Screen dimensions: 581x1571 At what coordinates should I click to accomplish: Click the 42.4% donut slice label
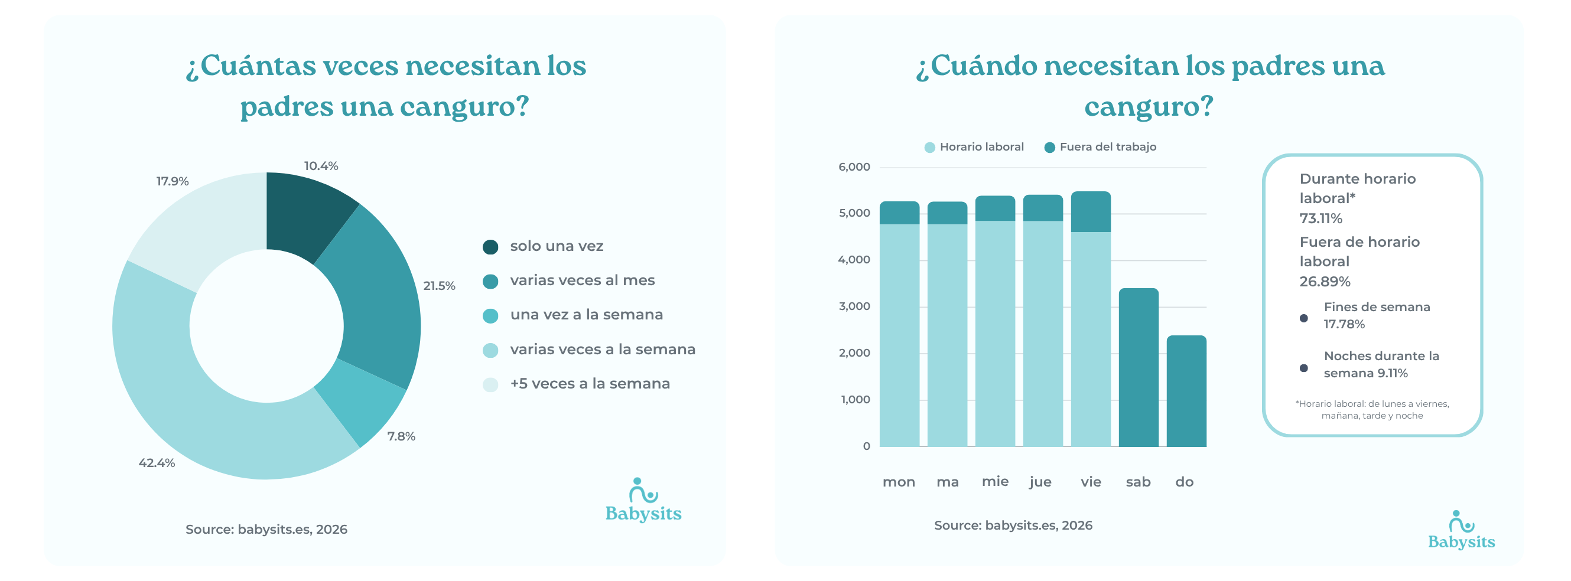point(157,463)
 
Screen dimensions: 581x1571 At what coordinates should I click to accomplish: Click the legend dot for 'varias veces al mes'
point(490,281)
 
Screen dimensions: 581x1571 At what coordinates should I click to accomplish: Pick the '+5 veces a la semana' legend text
point(590,383)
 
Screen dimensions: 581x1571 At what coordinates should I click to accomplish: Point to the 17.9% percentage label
point(173,181)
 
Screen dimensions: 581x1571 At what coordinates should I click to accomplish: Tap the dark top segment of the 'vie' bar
point(1091,211)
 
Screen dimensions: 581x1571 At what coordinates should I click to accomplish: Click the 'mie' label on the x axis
point(995,481)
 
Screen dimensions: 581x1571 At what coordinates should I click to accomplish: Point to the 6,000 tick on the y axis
point(854,167)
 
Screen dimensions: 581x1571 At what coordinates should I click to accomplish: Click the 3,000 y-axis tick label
point(854,306)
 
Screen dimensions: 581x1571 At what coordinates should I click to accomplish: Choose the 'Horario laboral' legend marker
point(929,148)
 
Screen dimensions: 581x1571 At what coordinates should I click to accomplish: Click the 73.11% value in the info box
point(1321,218)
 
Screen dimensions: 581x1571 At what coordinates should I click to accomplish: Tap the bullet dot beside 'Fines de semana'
point(1303,318)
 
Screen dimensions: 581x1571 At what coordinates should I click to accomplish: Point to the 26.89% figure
point(1325,281)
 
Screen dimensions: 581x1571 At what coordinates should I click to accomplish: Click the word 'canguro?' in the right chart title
point(1149,107)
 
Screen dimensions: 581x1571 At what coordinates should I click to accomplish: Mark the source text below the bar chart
point(1013,525)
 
